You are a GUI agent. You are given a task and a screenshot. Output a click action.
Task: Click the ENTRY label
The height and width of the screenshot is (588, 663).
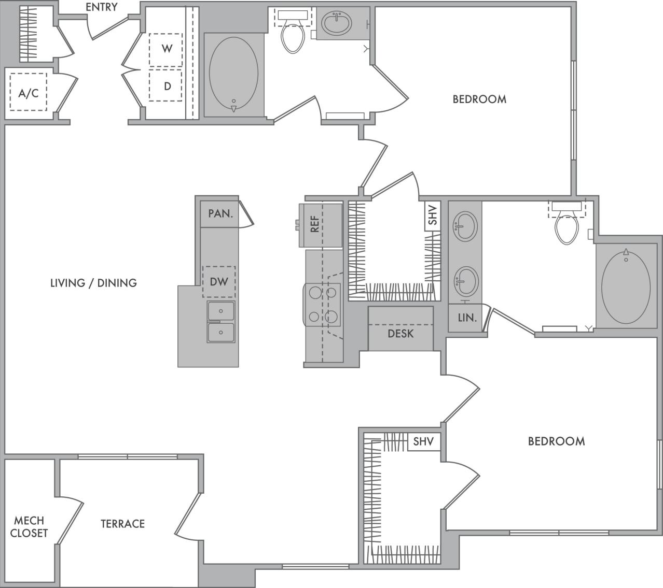(x=101, y=7)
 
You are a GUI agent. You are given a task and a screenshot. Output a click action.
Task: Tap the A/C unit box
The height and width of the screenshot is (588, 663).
(x=29, y=92)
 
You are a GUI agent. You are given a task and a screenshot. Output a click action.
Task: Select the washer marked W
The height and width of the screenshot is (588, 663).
(x=166, y=49)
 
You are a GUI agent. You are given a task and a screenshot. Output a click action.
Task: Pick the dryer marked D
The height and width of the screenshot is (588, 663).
(x=166, y=86)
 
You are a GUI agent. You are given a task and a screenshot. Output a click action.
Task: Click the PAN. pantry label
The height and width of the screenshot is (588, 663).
(x=220, y=213)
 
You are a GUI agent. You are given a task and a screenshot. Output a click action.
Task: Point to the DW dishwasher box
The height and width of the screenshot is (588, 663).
(x=219, y=281)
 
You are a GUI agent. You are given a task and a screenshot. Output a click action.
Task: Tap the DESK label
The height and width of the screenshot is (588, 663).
(x=400, y=334)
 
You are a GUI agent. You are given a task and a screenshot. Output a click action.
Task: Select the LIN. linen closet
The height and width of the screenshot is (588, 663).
(x=467, y=318)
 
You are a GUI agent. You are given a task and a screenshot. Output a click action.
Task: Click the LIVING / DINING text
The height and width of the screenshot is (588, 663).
(x=93, y=283)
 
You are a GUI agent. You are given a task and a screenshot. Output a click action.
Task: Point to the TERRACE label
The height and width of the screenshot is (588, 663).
(x=122, y=524)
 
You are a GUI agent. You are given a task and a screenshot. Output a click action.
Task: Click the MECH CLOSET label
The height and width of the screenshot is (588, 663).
(x=29, y=526)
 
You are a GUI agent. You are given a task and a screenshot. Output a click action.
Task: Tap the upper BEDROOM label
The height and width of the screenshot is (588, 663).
(x=479, y=99)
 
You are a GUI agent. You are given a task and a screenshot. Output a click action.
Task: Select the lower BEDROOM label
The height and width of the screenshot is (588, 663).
(x=556, y=441)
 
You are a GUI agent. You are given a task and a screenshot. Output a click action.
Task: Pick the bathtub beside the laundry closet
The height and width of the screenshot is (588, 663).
(x=233, y=74)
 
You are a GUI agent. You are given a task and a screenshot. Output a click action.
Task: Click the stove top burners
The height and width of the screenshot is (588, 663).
(x=322, y=305)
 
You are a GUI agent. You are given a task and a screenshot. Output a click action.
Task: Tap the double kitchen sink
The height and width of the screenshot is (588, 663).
(x=221, y=322)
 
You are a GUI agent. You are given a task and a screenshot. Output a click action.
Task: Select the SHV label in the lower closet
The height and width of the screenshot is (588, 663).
(x=423, y=442)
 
